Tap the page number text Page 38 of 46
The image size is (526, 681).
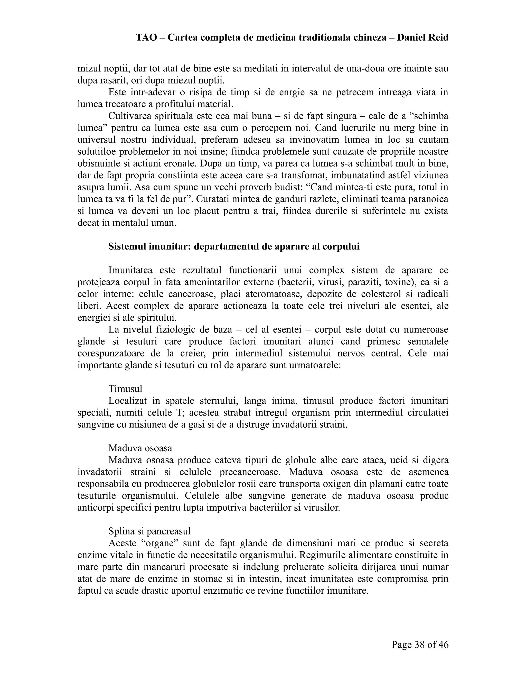(420, 645)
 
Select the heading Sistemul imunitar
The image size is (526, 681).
(234, 246)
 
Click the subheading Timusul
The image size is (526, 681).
(125, 389)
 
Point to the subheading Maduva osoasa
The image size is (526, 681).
(140, 448)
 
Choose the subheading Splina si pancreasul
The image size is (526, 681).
(149, 531)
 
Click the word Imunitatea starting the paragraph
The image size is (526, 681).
(130, 270)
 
